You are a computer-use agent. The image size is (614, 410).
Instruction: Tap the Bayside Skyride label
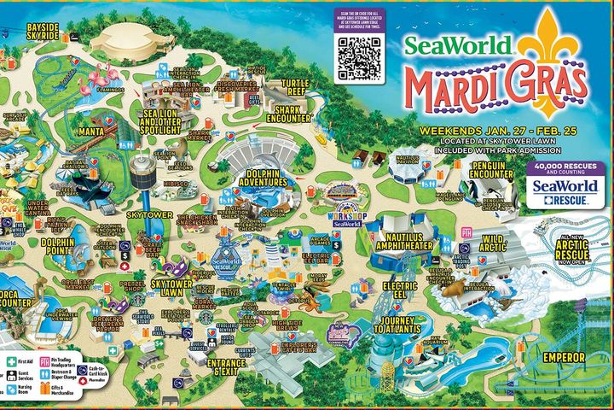(x=43, y=32)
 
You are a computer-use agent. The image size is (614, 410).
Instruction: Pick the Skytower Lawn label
(x=172, y=287)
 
